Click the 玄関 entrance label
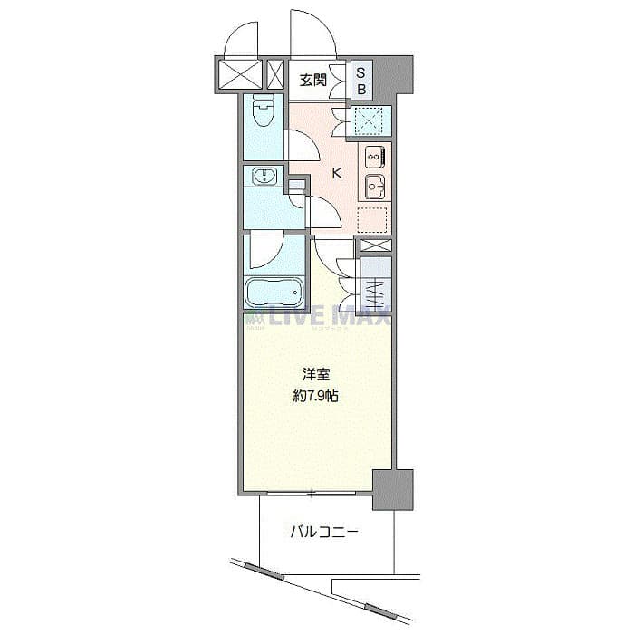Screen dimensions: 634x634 pos(313,81)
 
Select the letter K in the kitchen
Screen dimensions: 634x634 pos(336,174)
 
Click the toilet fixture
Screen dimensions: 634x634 pos(263,113)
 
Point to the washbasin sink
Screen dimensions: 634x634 pos(264,176)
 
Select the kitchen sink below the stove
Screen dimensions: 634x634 pos(375,188)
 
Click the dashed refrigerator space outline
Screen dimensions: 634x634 pos(373,220)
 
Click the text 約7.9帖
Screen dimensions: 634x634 pos(316,397)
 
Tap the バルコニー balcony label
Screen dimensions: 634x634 pos(323,533)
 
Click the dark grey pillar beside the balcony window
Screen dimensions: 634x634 pos(392,489)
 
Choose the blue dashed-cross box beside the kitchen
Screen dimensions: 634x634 pos(372,121)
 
